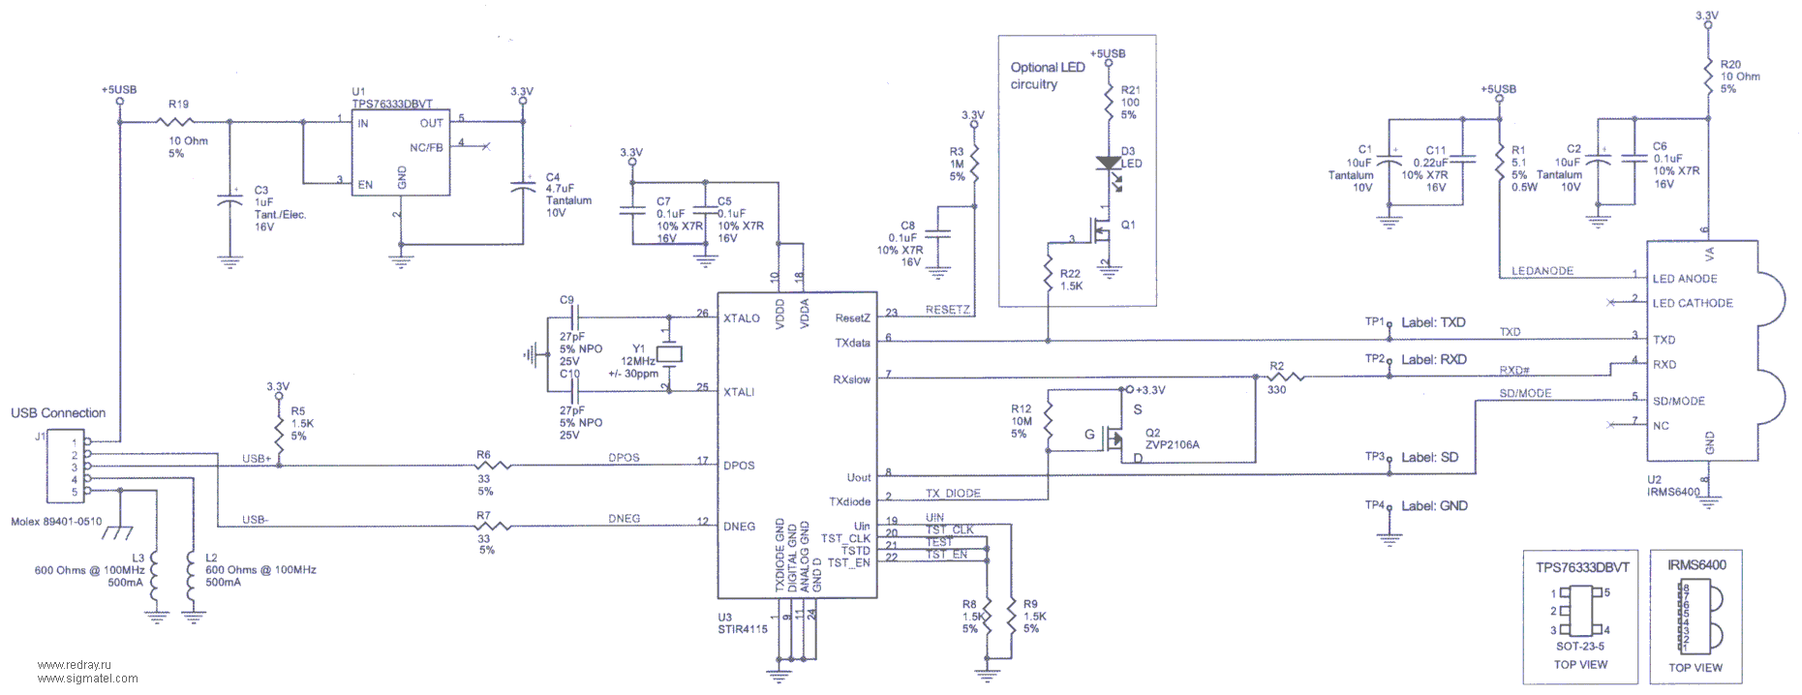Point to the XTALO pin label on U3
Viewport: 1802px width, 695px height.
tap(742, 318)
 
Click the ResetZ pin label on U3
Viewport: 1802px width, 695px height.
tap(852, 318)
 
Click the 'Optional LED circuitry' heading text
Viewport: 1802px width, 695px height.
tap(1047, 76)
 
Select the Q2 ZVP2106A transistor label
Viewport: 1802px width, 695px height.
tap(1172, 439)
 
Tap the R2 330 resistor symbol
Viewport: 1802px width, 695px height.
tap(1287, 377)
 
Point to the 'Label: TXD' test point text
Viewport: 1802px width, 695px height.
tap(1433, 322)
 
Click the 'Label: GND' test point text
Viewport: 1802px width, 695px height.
tap(1434, 506)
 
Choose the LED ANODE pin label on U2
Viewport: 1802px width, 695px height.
tap(1685, 279)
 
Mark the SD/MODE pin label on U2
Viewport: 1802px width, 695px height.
tap(1679, 401)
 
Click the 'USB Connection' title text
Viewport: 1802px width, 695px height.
tap(58, 413)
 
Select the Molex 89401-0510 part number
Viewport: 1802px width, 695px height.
tap(56, 522)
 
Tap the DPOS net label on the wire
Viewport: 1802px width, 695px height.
tap(624, 458)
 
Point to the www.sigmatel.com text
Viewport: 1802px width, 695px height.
tap(87, 679)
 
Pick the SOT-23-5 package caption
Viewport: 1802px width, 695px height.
tap(1579, 647)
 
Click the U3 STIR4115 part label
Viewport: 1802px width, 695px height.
tap(743, 623)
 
